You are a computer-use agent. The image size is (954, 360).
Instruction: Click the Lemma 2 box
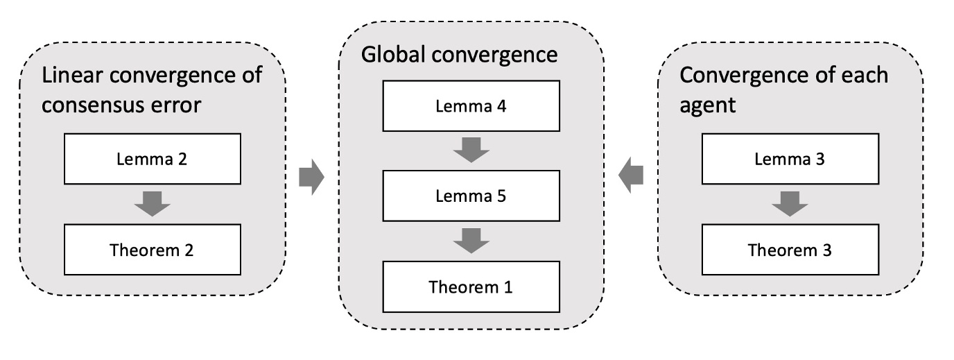pos(153,160)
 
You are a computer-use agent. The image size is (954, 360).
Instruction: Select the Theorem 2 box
pos(153,250)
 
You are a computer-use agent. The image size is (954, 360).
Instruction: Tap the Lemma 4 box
pos(470,106)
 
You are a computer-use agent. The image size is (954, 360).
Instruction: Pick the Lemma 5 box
pos(470,196)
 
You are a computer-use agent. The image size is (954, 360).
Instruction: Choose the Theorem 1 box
pos(470,286)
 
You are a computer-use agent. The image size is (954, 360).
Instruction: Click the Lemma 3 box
pos(789,160)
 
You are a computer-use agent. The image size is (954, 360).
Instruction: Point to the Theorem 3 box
pos(789,250)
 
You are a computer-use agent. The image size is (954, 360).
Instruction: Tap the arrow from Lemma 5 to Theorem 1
pos(471,241)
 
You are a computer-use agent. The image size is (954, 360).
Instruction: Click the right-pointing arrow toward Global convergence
pos(311,178)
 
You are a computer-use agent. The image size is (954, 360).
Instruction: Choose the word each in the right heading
pos(864,75)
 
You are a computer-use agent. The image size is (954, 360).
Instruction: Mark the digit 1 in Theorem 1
pos(508,286)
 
